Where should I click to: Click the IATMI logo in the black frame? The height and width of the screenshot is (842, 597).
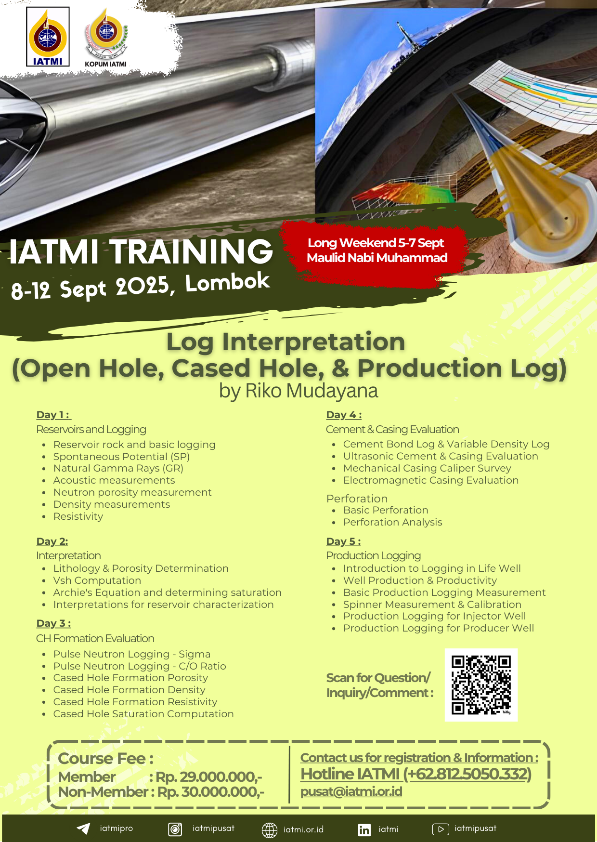click(x=48, y=37)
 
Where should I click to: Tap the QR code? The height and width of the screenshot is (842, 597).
click(x=481, y=684)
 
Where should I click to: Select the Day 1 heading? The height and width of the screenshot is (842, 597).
click(x=53, y=415)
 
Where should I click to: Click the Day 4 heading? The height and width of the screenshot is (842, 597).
click(x=344, y=415)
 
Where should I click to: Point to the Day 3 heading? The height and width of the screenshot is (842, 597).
click(x=53, y=623)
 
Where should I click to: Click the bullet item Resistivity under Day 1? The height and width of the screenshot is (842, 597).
click(x=78, y=516)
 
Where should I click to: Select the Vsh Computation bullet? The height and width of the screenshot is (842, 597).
click(x=97, y=580)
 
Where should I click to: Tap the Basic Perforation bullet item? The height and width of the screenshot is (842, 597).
click(x=386, y=510)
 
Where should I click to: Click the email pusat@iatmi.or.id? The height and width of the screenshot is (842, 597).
click(x=351, y=791)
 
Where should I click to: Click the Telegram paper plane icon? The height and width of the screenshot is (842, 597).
click(x=83, y=829)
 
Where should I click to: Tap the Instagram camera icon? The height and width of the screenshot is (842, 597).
click(x=175, y=829)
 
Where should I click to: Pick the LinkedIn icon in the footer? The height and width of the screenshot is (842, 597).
click(x=364, y=829)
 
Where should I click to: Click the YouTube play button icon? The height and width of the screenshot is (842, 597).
click(x=441, y=829)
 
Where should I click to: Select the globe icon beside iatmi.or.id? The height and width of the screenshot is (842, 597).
click(x=270, y=830)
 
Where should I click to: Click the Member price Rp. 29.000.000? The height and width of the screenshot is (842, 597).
click(x=208, y=777)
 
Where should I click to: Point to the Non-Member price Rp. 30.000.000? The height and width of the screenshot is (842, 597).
click(x=211, y=792)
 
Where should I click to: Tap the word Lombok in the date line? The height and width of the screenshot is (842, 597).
click(x=228, y=282)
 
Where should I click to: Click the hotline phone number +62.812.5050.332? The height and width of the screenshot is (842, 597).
click(x=467, y=774)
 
